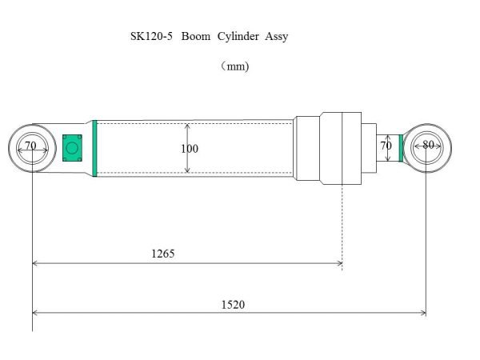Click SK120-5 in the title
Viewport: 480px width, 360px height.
coord(151,37)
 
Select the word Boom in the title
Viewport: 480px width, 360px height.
coord(196,37)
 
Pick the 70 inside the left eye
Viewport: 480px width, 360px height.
coord(30,146)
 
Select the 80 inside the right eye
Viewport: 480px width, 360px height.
coord(428,146)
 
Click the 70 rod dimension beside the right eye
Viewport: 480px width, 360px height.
coord(386,146)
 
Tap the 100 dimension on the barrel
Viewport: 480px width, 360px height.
coord(190,149)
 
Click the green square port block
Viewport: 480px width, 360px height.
coord(72,147)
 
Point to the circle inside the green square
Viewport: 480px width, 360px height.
coord(72,147)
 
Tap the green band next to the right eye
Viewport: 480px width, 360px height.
coord(401,147)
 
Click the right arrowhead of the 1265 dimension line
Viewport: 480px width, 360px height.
coord(339,262)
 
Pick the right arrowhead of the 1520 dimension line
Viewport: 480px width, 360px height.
coord(422,313)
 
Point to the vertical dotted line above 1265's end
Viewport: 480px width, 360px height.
coord(342,224)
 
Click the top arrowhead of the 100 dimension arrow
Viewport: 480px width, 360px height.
coord(187,126)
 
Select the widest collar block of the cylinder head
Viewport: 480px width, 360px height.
coord(342,148)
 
